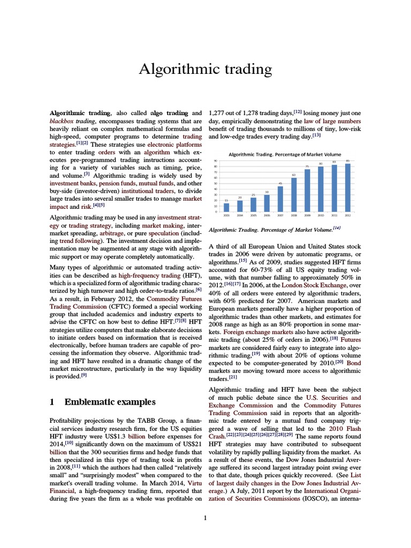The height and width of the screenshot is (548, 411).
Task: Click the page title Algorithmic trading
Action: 205,70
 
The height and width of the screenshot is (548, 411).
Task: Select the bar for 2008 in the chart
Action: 293,194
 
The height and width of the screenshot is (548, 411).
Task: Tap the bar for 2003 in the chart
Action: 226,207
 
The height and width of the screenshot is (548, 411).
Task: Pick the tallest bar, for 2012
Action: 348,187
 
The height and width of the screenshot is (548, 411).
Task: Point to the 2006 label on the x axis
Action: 267,215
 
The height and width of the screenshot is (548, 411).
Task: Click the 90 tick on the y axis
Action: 215,161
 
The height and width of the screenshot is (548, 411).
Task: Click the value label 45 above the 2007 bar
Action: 280,184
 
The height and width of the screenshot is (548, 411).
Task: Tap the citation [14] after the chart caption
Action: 337,229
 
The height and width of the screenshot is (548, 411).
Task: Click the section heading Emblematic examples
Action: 110,401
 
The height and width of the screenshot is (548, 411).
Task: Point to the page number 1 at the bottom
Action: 205,517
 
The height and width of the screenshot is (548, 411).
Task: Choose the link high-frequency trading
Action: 149,274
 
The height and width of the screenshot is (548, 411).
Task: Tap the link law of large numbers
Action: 333,121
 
